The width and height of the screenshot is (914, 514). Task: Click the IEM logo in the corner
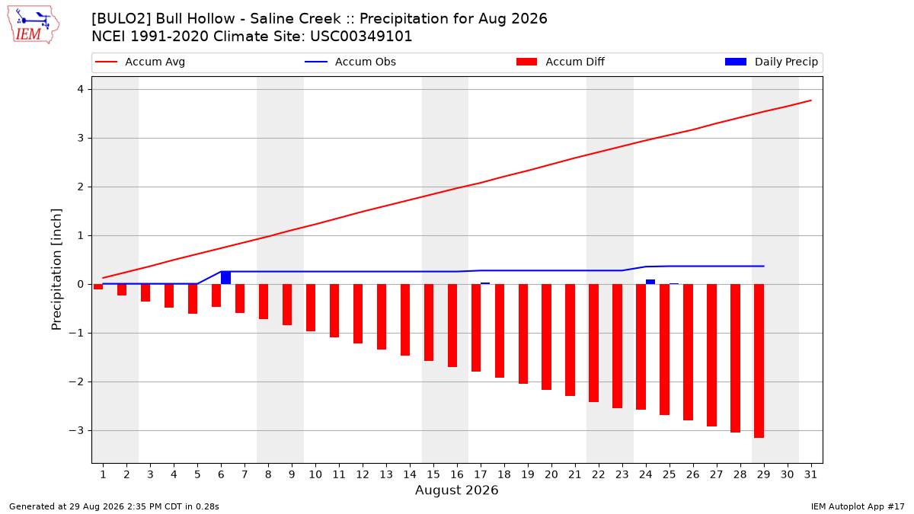point(33,25)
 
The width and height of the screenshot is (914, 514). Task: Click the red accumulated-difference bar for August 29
point(759,361)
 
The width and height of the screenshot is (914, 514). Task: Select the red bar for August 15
point(428,323)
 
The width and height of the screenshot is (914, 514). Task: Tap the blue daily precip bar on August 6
point(225,278)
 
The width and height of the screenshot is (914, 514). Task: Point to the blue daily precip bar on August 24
point(650,282)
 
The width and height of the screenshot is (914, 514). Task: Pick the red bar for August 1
point(98,287)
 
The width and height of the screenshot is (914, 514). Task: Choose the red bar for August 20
point(547,337)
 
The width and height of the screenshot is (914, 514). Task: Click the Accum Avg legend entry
point(140,62)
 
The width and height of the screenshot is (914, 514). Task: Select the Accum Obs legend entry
point(350,62)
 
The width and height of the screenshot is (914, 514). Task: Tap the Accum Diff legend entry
point(561,62)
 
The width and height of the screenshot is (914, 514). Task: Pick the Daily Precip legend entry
point(771,62)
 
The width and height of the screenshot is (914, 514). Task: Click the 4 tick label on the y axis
point(80,89)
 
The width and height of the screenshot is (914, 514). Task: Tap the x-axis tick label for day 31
point(810,474)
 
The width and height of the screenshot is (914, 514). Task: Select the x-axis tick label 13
point(386,474)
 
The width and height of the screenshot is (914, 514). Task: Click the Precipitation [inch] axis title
point(56,270)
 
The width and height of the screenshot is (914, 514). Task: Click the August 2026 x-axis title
point(456,490)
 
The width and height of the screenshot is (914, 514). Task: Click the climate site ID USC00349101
point(361,37)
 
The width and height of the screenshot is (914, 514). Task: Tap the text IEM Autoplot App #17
point(858,506)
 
